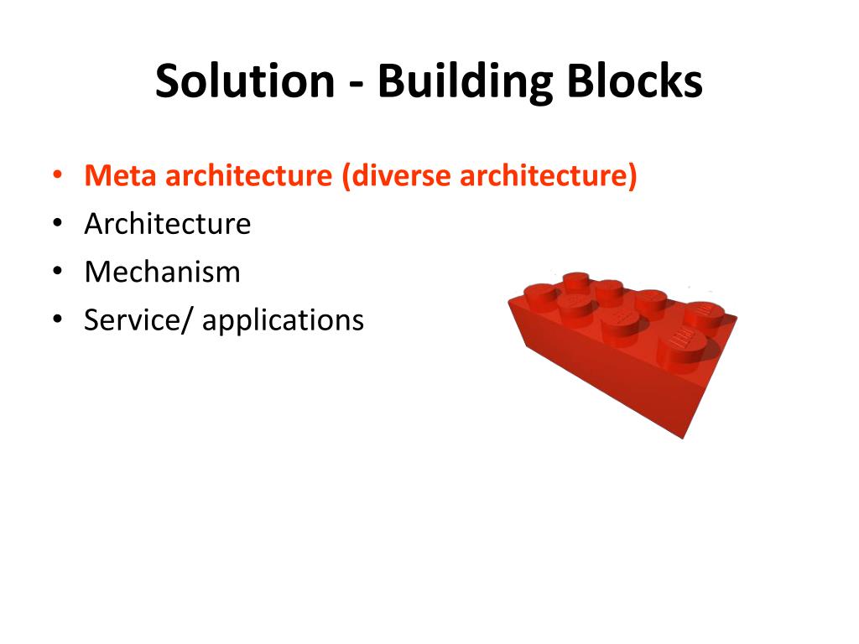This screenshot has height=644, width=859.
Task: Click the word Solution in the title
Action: coord(244,81)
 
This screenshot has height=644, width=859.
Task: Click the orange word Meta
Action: coord(122,176)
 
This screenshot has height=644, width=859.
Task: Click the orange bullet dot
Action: coord(56,177)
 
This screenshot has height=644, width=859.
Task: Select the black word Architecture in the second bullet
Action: coord(167,224)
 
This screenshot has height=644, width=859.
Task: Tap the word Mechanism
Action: coord(162,272)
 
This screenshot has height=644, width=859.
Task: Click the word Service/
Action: coord(138,319)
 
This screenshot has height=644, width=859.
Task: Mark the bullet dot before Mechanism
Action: coord(56,273)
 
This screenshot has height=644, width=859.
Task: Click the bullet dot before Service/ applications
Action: coord(56,320)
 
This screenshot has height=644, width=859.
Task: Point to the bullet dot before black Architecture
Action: coord(56,225)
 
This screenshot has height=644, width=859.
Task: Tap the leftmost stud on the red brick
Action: coord(542,296)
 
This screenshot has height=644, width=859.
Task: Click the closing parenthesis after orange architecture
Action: coord(633,177)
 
